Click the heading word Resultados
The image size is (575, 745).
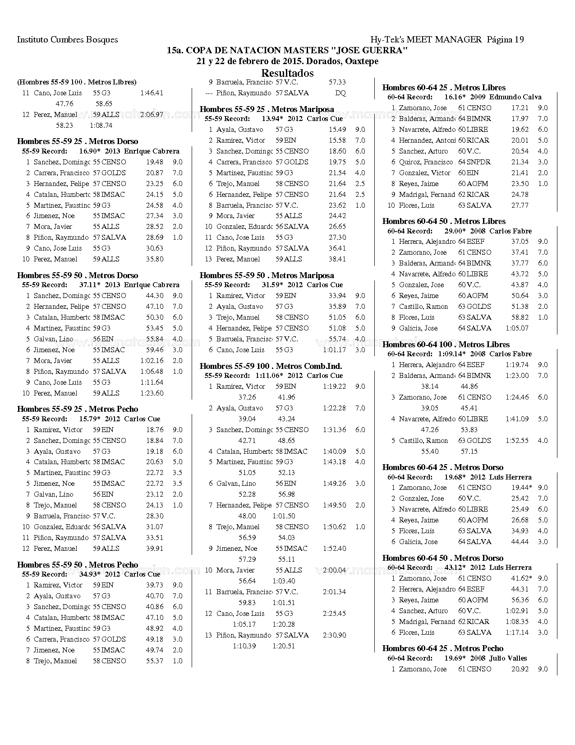click(x=287, y=73)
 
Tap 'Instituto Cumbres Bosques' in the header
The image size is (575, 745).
click(x=67, y=40)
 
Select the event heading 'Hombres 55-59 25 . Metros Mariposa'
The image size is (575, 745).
click(x=267, y=109)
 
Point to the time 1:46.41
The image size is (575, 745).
click(x=152, y=93)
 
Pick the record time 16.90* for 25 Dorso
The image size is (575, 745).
click(x=89, y=151)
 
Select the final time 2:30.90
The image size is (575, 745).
click(x=334, y=635)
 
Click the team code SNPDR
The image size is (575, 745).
click(x=478, y=162)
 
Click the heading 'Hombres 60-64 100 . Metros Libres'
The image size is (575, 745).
click(x=446, y=345)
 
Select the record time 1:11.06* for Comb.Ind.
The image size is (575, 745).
click(x=269, y=376)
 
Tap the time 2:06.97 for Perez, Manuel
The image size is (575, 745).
click(x=152, y=115)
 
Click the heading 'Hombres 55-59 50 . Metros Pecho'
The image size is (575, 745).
click(x=77, y=565)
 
